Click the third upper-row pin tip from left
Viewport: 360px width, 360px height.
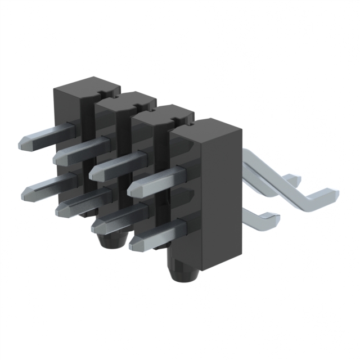coord(94,172)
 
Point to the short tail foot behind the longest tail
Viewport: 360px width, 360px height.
coord(292,179)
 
